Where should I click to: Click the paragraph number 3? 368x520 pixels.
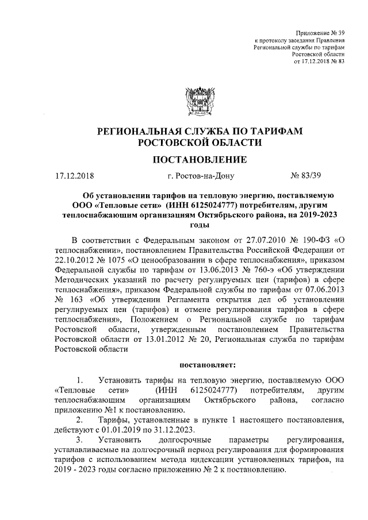[x=79, y=441]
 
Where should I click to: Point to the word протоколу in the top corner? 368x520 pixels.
[x=275, y=41]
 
